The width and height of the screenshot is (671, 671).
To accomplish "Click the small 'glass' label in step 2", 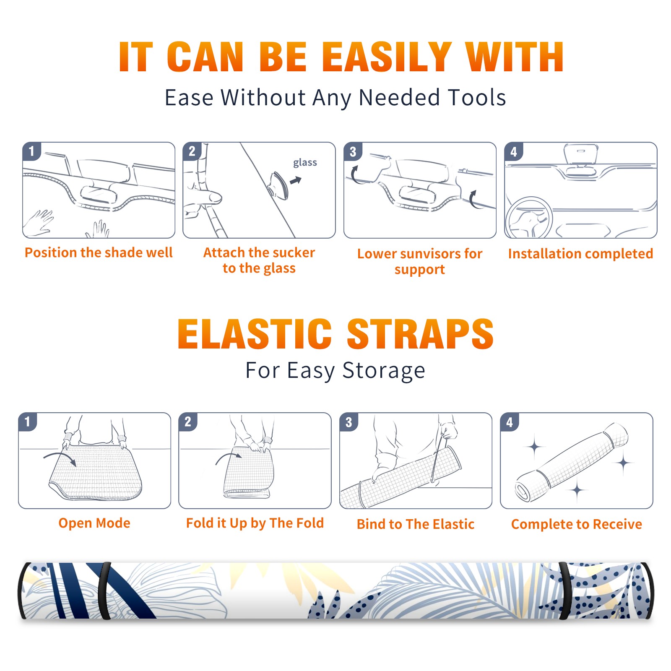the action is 305,163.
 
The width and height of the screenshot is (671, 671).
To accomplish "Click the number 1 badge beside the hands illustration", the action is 31,151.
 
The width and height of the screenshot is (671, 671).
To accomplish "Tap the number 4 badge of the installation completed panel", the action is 514,151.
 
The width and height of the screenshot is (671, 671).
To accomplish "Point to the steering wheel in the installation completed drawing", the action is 529,218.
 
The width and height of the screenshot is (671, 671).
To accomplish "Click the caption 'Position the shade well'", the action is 99,252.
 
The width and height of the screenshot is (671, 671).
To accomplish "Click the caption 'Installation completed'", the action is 580,254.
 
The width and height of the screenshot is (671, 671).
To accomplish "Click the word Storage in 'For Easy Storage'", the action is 384,371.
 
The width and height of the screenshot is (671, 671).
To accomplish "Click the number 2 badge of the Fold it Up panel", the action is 188,422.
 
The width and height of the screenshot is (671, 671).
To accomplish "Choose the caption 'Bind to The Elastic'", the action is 415,524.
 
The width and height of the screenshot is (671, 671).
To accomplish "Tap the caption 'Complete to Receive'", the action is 576,524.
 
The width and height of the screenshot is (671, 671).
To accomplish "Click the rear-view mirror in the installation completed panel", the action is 580,155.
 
